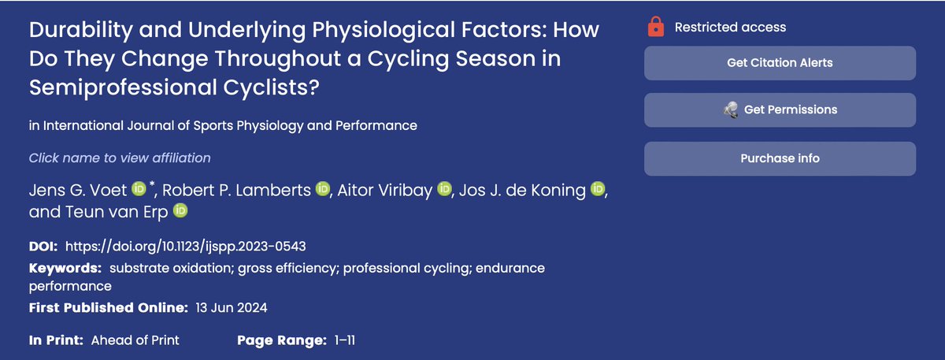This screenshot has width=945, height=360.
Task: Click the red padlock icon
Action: pos(654,28)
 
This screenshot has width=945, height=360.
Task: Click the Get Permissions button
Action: pos(780,109)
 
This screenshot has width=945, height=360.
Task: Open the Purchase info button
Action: pos(780,158)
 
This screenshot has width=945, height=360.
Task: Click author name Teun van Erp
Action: pos(98,211)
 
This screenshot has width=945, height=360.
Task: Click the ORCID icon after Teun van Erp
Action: pos(181,211)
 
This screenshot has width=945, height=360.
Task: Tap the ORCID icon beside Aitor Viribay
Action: pos(445,190)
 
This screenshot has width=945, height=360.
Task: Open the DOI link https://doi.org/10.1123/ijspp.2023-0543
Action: pos(191,247)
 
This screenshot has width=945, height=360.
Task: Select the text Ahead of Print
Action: pos(135,340)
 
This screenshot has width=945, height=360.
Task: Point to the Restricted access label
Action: pos(730,28)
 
